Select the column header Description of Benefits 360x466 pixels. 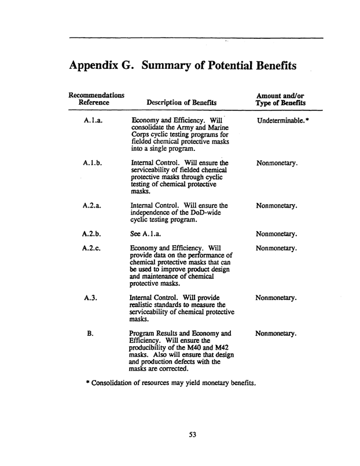170,103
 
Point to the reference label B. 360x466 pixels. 90,334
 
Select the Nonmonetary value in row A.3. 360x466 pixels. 276,298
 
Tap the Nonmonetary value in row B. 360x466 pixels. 276,334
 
